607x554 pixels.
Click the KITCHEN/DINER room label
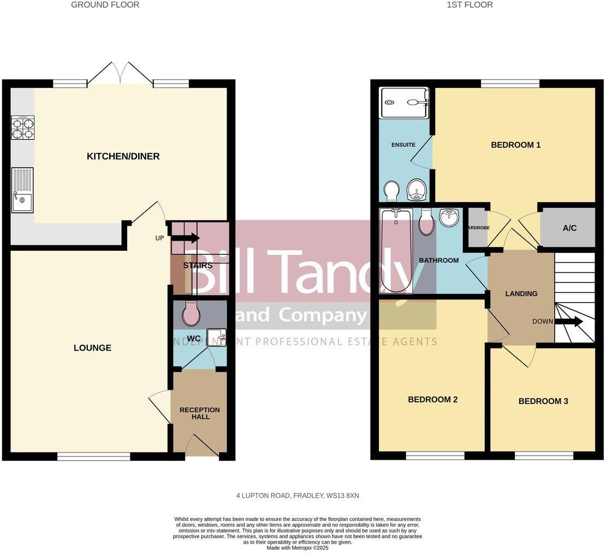[123, 156]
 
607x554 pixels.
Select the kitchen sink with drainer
[22, 190]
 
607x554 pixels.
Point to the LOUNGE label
[92, 348]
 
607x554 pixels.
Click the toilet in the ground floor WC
[191, 313]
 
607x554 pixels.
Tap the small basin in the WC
[217, 338]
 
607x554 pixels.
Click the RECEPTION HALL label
[199, 413]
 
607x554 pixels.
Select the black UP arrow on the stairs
[186, 238]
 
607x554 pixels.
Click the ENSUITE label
[403, 145]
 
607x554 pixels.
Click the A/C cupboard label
[569, 228]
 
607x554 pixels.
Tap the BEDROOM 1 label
[515, 145]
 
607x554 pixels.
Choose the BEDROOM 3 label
[543, 401]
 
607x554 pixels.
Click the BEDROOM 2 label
[432, 400]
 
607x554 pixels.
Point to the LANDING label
[521, 294]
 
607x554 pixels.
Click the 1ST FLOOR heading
[469, 5]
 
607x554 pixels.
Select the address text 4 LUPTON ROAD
[297, 496]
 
